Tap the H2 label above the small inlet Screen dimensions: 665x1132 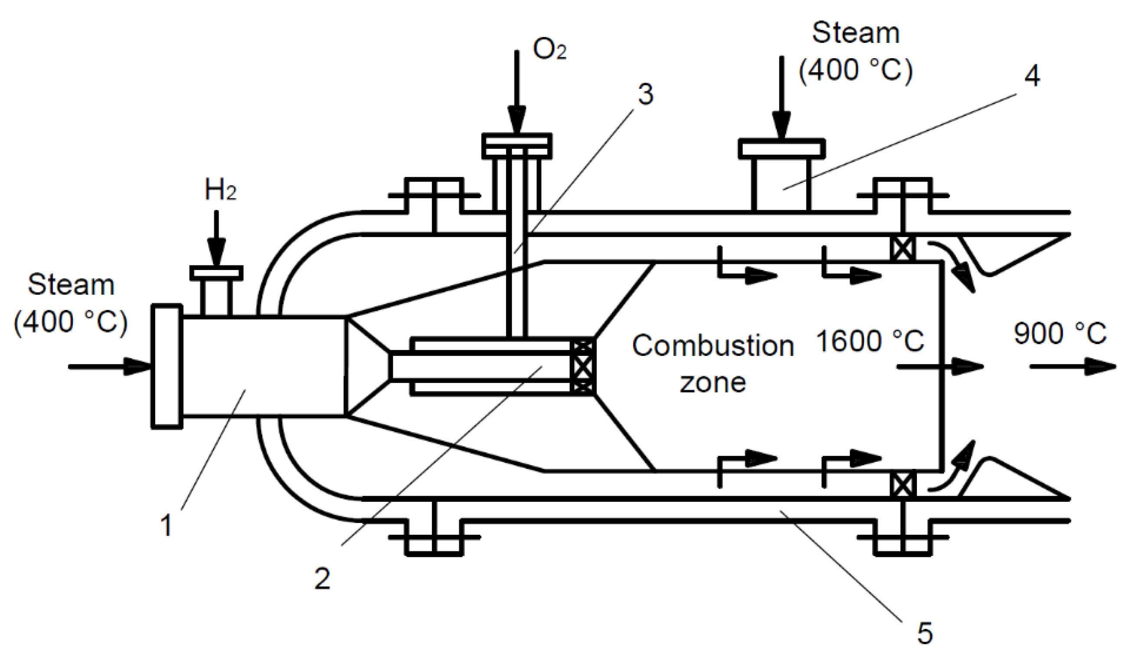click(x=220, y=191)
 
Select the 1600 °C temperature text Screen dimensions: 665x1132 click(x=870, y=341)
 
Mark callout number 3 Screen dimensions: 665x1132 click(x=645, y=95)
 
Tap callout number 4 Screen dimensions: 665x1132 click(x=1032, y=76)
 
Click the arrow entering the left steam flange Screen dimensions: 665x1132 click(x=110, y=366)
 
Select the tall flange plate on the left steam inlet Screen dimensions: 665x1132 click(x=167, y=366)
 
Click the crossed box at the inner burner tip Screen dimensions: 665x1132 click(x=582, y=367)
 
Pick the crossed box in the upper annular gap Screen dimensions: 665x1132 click(x=903, y=248)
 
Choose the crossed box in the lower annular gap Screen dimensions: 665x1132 click(x=903, y=485)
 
